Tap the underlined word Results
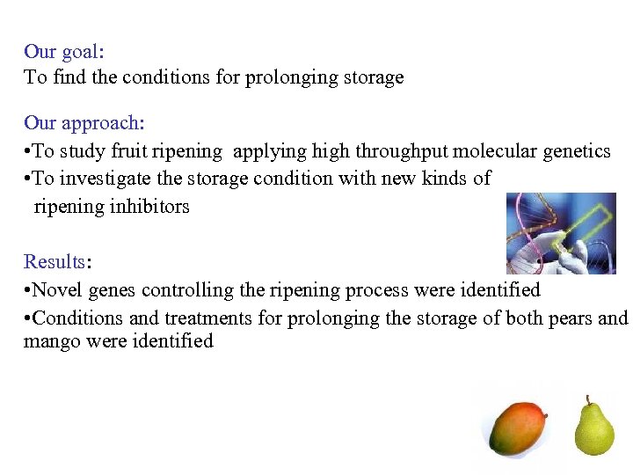(x=53, y=262)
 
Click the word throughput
(x=402, y=151)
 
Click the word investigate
(x=103, y=179)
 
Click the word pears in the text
(x=569, y=318)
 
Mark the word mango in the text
(x=52, y=341)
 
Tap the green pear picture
(x=594, y=429)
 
